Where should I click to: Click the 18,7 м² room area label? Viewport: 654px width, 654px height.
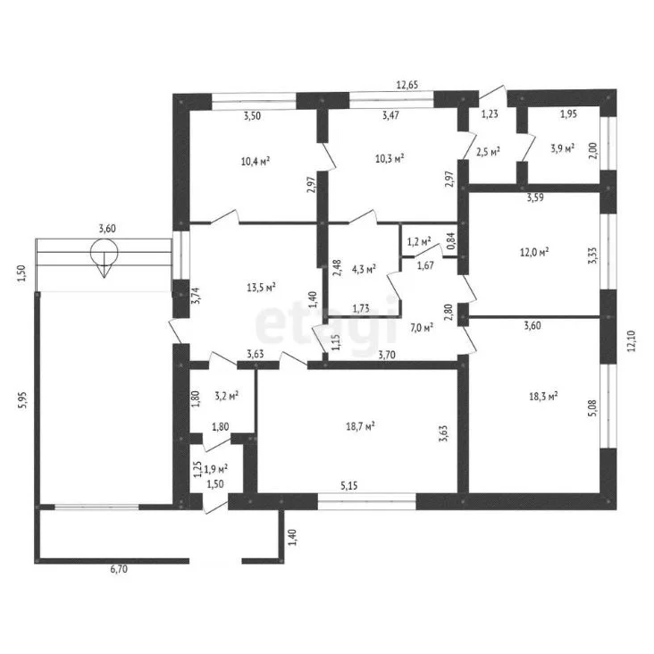click(x=360, y=426)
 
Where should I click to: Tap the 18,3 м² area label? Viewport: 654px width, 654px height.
click(x=543, y=396)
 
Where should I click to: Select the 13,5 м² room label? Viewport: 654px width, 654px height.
click(x=261, y=288)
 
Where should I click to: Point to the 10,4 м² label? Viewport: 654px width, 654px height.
click(x=256, y=161)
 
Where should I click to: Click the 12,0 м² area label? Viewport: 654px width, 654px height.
click(x=534, y=252)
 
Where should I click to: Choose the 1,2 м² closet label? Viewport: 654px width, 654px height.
click(x=419, y=240)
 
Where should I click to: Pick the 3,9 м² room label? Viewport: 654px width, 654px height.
click(x=563, y=148)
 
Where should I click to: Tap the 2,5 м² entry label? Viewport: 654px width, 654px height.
click(x=488, y=151)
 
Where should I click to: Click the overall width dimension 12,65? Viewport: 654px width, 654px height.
click(x=407, y=85)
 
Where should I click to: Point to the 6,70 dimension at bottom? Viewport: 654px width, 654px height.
click(x=119, y=568)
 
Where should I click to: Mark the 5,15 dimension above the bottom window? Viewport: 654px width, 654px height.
click(x=349, y=485)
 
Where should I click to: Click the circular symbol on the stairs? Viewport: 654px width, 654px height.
click(x=104, y=252)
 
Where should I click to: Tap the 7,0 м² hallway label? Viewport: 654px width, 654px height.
click(x=422, y=328)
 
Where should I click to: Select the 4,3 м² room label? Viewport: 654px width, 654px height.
click(x=365, y=269)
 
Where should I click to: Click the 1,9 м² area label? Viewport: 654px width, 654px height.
click(x=215, y=468)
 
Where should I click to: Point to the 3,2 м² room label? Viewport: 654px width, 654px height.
click(x=226, y=395)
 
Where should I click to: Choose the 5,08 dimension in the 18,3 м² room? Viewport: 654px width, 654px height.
click(x=594, y=409)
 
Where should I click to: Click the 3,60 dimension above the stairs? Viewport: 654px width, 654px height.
click(x=107, y=228)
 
